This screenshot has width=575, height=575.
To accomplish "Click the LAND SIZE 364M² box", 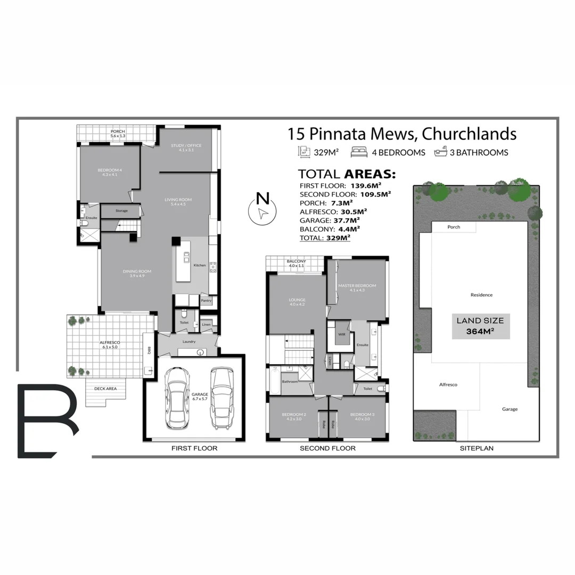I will [480, 326].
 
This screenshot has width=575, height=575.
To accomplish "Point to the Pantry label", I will [206, 301].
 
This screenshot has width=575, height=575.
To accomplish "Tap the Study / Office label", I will [186, 146].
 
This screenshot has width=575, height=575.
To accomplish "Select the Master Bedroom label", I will [357, 286].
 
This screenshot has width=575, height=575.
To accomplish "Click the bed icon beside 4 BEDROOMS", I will [359, 152].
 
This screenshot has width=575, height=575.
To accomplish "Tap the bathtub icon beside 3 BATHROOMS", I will [440, 152].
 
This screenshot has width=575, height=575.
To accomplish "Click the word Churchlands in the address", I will [469, 133].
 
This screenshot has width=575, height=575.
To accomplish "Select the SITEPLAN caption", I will [477, 448].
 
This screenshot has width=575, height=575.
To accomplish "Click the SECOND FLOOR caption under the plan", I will [327, 448].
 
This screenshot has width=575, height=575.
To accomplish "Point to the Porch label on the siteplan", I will [454, 227].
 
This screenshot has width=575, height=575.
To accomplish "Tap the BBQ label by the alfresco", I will [149, 351].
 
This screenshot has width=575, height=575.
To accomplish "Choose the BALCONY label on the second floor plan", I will [297, 261].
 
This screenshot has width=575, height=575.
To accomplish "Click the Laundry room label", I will [188, 341].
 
